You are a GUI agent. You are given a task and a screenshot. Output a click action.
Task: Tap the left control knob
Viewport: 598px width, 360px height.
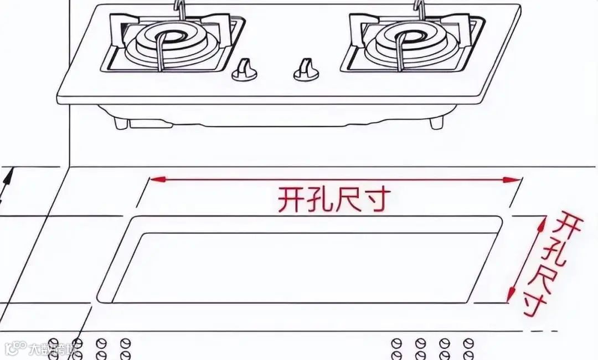point(244,70)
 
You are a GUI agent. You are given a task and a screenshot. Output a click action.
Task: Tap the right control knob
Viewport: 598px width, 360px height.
point(304,70)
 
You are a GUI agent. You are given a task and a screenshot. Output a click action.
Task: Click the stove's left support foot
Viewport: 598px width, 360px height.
point(121,123)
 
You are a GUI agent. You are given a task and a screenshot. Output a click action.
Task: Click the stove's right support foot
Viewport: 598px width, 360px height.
point(437,123)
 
